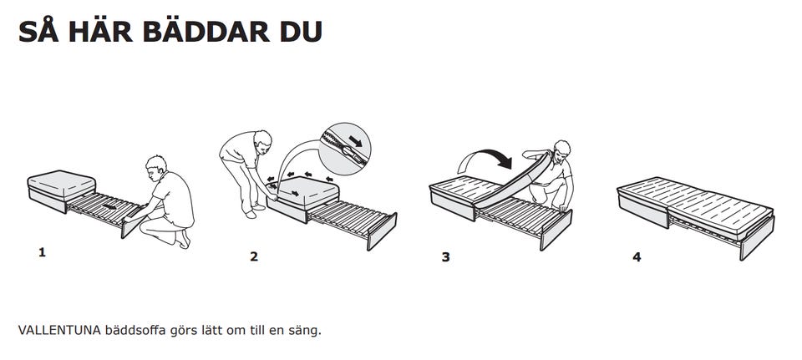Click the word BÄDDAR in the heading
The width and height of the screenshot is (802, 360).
click(x=206, y=33)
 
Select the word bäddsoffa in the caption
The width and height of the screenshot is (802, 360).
click(x=135, y=330)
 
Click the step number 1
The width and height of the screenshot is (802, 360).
click(x=42, y=252)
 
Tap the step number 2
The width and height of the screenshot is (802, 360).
click(x=254, y=256)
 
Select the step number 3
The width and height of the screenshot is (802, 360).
click(x=446, y=256)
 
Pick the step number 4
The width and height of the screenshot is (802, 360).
click(x=637, y=256)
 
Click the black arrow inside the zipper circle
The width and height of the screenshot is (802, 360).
click(x=356, y=141)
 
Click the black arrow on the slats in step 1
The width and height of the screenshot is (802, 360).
click(x=109, y=207)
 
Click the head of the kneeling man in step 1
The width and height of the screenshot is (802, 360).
click(x=156, y=168)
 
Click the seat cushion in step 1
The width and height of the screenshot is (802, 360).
click(x=61, y=184)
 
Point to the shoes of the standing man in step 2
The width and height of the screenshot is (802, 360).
click(x=254, y=210)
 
